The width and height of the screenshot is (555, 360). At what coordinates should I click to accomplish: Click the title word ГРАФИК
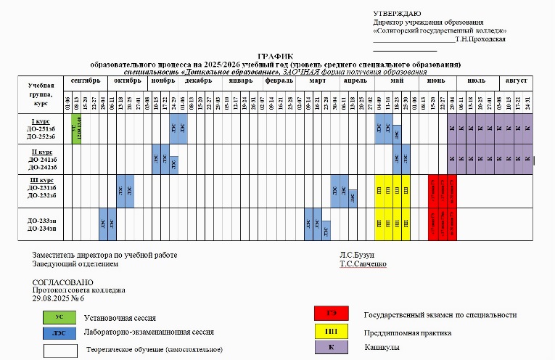273,56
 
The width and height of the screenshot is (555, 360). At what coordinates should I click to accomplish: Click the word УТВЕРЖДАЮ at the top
397,14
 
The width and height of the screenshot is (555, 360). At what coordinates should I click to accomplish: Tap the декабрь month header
198,81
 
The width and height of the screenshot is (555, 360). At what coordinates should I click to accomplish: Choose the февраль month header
279,81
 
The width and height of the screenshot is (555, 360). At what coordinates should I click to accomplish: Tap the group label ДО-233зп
42,220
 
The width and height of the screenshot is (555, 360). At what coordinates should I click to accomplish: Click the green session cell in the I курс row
76,129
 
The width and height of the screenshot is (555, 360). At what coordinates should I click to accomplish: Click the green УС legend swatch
59,317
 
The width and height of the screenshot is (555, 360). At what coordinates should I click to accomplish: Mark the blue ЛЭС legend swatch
59,332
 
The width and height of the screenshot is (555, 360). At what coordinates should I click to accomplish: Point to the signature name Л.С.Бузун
358,255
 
